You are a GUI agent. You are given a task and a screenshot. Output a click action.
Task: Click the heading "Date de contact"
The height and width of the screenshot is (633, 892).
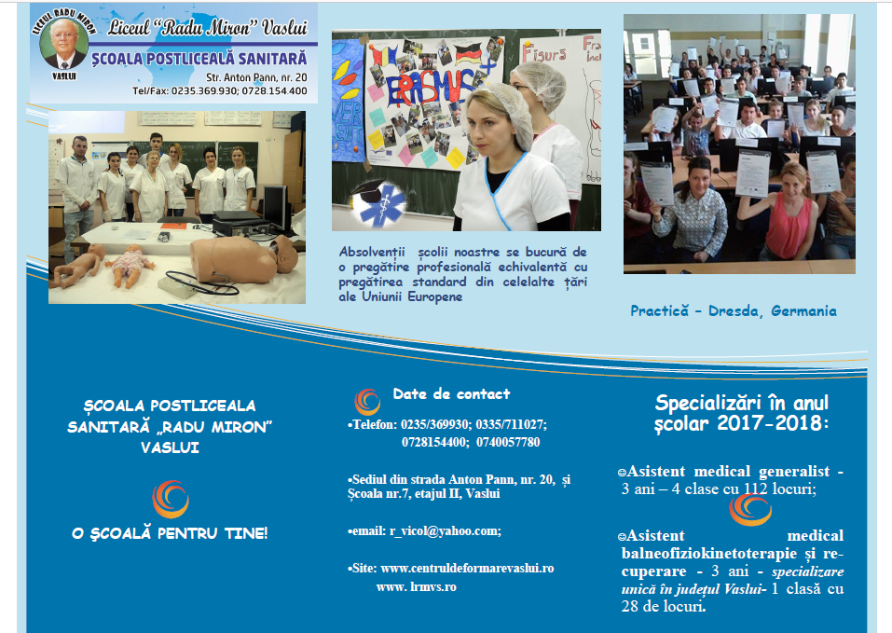tap(451, 393)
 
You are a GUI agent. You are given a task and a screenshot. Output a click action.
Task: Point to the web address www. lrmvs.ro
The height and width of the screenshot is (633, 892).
tap(417, 587)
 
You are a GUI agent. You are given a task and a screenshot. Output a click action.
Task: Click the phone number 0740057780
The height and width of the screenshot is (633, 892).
tap(508, 442)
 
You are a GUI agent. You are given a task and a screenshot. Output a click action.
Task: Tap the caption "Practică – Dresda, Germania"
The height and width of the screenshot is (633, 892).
tap(734, 311)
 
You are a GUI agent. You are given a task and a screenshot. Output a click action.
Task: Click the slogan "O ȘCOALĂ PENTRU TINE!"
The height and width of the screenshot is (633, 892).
tap(170, 533)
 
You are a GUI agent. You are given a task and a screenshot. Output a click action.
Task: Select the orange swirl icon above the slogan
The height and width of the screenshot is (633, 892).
tap(170, 500)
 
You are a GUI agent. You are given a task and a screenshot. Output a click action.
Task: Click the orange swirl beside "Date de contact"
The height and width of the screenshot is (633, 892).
tap(367, 402)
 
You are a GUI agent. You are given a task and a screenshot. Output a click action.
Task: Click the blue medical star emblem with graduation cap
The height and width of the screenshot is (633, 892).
tap(377, 203)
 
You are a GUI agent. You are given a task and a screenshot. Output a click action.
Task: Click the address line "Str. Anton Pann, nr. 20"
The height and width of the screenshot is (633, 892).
tap(256, 77)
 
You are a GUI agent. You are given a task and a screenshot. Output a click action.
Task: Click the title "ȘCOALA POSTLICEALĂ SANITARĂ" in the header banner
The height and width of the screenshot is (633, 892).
tap(199, 59)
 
